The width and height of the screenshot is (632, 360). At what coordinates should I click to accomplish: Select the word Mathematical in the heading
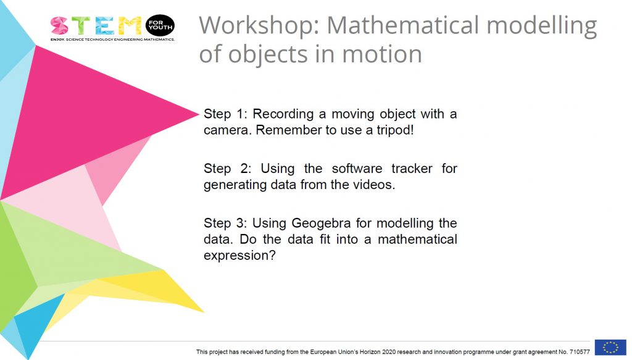pyautogui.click(x=402, y=25)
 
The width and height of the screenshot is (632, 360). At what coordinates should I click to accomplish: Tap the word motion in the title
pyautogui.click(x=381, y=54)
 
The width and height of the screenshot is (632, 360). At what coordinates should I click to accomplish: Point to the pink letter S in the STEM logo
pyautogui.click(x=60, y=26)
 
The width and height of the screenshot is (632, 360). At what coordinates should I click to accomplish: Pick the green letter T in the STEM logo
pyautogui.click(x=82, y=26)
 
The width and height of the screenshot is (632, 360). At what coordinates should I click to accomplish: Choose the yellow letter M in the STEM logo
pyautogui.click(x=130, y=26)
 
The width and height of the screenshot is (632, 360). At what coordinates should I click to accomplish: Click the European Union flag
pyautogui.click(x=610, y=347)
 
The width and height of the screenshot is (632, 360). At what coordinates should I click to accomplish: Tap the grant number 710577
pyautogui.click(x=580, y=352)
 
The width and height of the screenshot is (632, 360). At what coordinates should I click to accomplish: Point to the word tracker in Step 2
pyautogui.click(x=412, y=168)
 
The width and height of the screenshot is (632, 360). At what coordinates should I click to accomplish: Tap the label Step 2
pyautogui.click(x=225, y=169)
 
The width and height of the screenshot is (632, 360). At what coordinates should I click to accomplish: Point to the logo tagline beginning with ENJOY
pyautogui.click(x=112, y=40)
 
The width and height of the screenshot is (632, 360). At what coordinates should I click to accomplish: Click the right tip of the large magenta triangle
pyautogui.click(x=199, y=114)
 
